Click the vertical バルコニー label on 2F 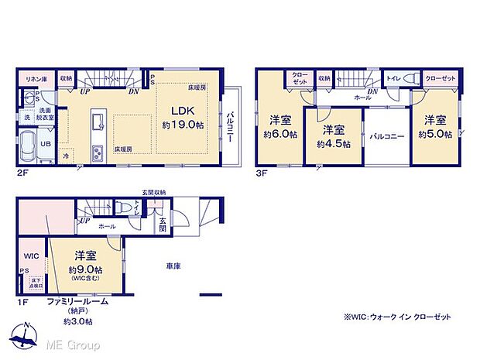coord(231,127)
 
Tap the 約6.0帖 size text coord(279,133)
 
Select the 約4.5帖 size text coord(333,143)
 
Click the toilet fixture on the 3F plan coord(413,79)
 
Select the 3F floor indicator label coord(261,174)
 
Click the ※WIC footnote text coord(397,317)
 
